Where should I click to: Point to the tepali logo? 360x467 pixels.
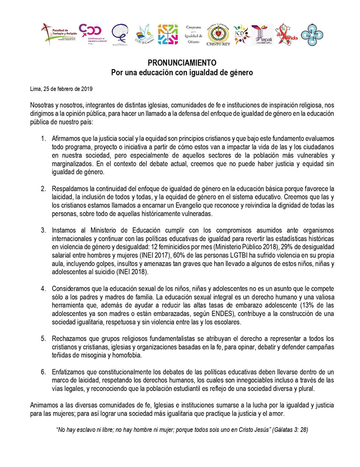click(x=263, y=35)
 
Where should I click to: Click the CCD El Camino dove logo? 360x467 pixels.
click(x=145, y=35)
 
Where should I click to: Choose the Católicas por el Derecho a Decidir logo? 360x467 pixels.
click(x=92, y=34)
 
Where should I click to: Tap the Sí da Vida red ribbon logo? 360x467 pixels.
click(x=287, y=35)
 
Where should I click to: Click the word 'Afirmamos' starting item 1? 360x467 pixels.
click(x=68, y=139)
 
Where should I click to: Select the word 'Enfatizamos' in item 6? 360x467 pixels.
click(x=70, y=372)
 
